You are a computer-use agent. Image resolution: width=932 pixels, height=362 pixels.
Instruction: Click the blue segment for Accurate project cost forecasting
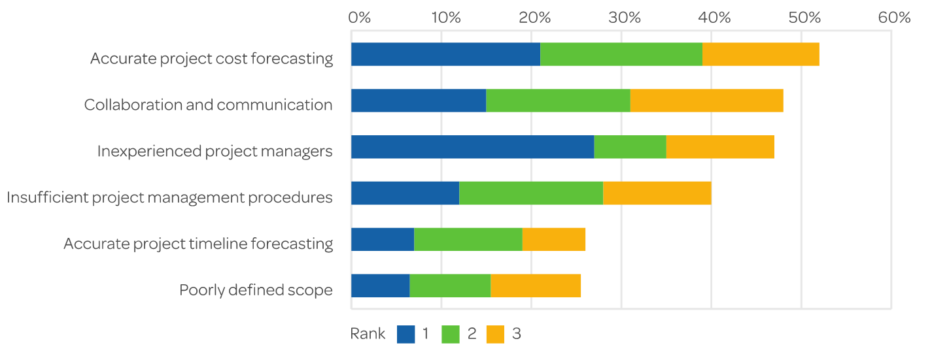[445, 55]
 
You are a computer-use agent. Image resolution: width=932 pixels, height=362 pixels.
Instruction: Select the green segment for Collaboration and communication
[558, 101]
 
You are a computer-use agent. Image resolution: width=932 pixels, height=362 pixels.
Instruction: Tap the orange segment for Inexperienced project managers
[719, 148]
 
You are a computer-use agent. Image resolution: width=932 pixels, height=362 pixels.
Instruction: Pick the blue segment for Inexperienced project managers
[472, 148]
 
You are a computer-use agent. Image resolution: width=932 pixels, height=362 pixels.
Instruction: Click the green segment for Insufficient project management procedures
[530, 194]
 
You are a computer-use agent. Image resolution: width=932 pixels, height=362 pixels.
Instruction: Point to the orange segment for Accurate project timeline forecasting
[553, 240]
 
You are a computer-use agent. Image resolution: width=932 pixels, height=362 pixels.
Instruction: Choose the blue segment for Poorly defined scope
[380, 286]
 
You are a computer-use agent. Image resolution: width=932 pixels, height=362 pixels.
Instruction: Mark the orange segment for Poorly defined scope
[536, 286]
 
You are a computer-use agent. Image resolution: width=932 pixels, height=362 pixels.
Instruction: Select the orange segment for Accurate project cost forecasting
[761, 55]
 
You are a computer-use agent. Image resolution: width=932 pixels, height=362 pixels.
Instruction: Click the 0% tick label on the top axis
[359, 18]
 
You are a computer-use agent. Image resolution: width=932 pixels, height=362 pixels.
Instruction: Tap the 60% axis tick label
[894, 18]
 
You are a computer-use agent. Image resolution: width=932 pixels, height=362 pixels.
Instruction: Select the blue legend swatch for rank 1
[406, 334]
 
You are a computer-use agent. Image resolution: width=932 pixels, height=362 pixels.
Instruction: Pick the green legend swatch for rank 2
[451, 334]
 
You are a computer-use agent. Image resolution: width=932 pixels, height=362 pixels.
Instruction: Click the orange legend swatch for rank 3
[495, 334]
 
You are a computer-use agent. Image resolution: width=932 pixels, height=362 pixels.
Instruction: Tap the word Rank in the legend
[368, 334]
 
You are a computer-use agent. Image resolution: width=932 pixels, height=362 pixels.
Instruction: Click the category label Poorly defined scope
[256, 290]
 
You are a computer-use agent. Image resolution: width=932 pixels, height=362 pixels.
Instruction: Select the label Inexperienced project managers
[215, 152]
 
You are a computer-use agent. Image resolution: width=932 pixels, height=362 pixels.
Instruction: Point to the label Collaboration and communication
[208, 105]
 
